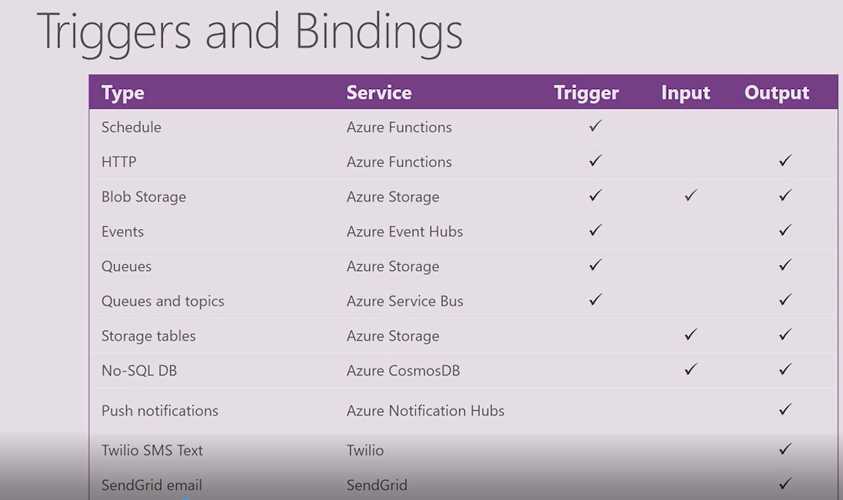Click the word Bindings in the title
click(379, 34)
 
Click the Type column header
click(123, 93)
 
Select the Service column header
click(379, 93)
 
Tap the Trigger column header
click(586, 93)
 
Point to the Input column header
click(685, 93)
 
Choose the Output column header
click(777, 93)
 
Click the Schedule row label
click(131, 127)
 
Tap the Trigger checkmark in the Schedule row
click(596, 126)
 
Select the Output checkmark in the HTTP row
click(785, 161)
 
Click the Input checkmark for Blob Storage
click(691, 196)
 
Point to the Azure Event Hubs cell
click(405, 232)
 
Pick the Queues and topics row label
click(163, 301)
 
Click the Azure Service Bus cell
click(405, 301)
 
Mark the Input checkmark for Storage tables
click(691, 335)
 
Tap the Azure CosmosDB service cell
click(403, 371)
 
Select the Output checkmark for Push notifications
click(785, 409)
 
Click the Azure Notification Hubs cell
click(425, 411)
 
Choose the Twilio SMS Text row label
click(152, 451)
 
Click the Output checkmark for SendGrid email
click(785, 484)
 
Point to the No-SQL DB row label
click(139, 371)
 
